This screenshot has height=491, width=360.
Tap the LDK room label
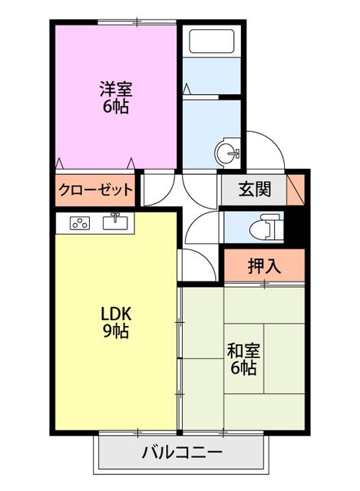click(116, 313)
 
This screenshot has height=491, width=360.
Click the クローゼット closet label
click(95, 189)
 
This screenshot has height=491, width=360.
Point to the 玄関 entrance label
click(253, 189)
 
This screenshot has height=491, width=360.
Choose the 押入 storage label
click(263, 266)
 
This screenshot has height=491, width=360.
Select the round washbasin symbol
click(228, 152)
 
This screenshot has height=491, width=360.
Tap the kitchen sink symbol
click(115, 222)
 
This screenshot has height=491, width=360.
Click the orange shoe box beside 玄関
click(296, 189)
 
